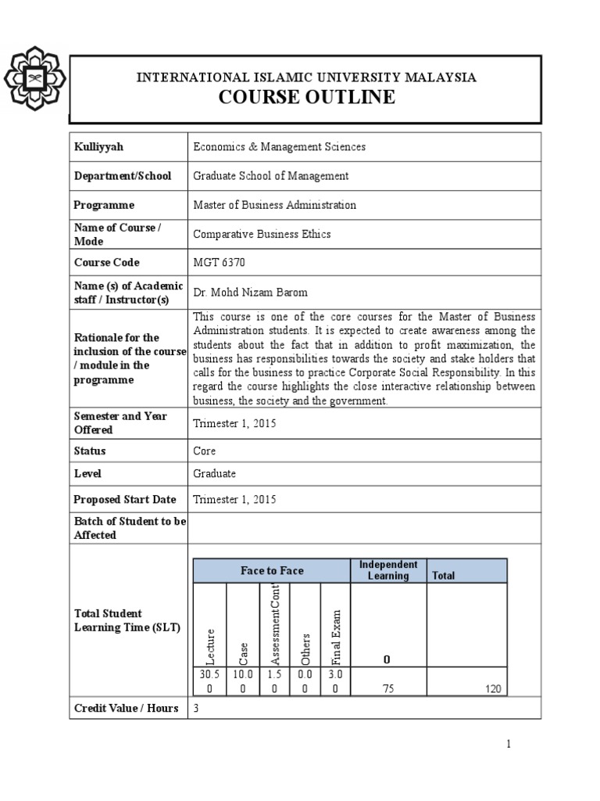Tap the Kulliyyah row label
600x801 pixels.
[x=98, y=147]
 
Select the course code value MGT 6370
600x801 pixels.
[x=220, y=263]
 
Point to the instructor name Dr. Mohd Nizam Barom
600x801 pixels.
[x=251, y=293]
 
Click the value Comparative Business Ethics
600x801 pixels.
[x=262, y=234]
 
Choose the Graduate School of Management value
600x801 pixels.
[x=270, y=176]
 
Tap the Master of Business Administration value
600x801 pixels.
[x=274, y=205]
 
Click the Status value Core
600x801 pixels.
[x=205, y=451]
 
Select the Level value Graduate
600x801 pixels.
[x=214, y=474]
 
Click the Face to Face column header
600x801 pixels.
[x=271, y=571]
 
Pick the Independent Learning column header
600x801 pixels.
[x=388, y=570]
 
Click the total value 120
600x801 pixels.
[x=492, y=689]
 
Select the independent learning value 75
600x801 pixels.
[x=388, y=689]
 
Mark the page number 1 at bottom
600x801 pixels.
[x=509, y=745]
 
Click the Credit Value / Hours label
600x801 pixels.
[x=126, y=709]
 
